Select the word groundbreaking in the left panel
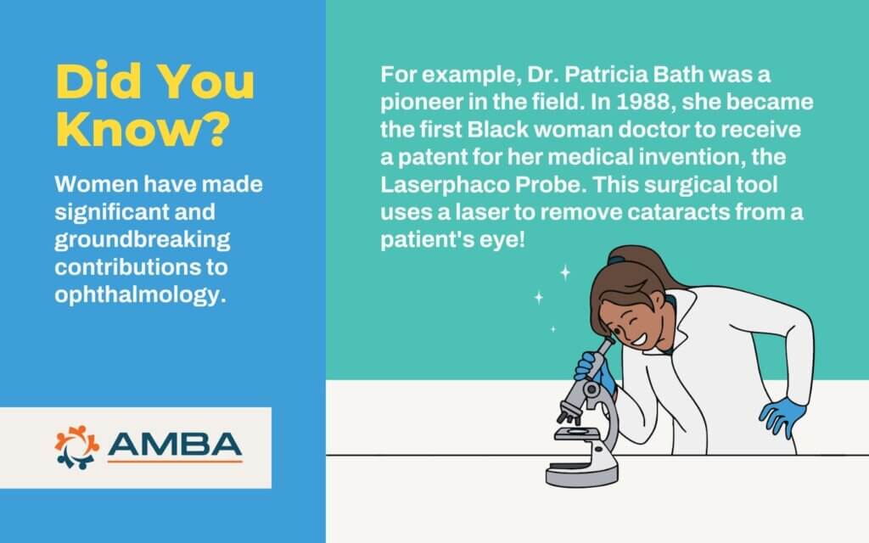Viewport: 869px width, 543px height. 143,240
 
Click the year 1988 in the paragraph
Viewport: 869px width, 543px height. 645,102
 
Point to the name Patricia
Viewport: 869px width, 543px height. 606,74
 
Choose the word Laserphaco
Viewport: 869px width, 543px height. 445,185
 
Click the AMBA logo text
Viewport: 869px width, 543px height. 175,445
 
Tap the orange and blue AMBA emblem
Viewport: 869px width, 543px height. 76,446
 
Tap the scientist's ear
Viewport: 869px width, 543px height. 658,301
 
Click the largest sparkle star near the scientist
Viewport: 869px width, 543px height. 564,272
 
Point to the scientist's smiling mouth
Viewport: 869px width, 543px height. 638,338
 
